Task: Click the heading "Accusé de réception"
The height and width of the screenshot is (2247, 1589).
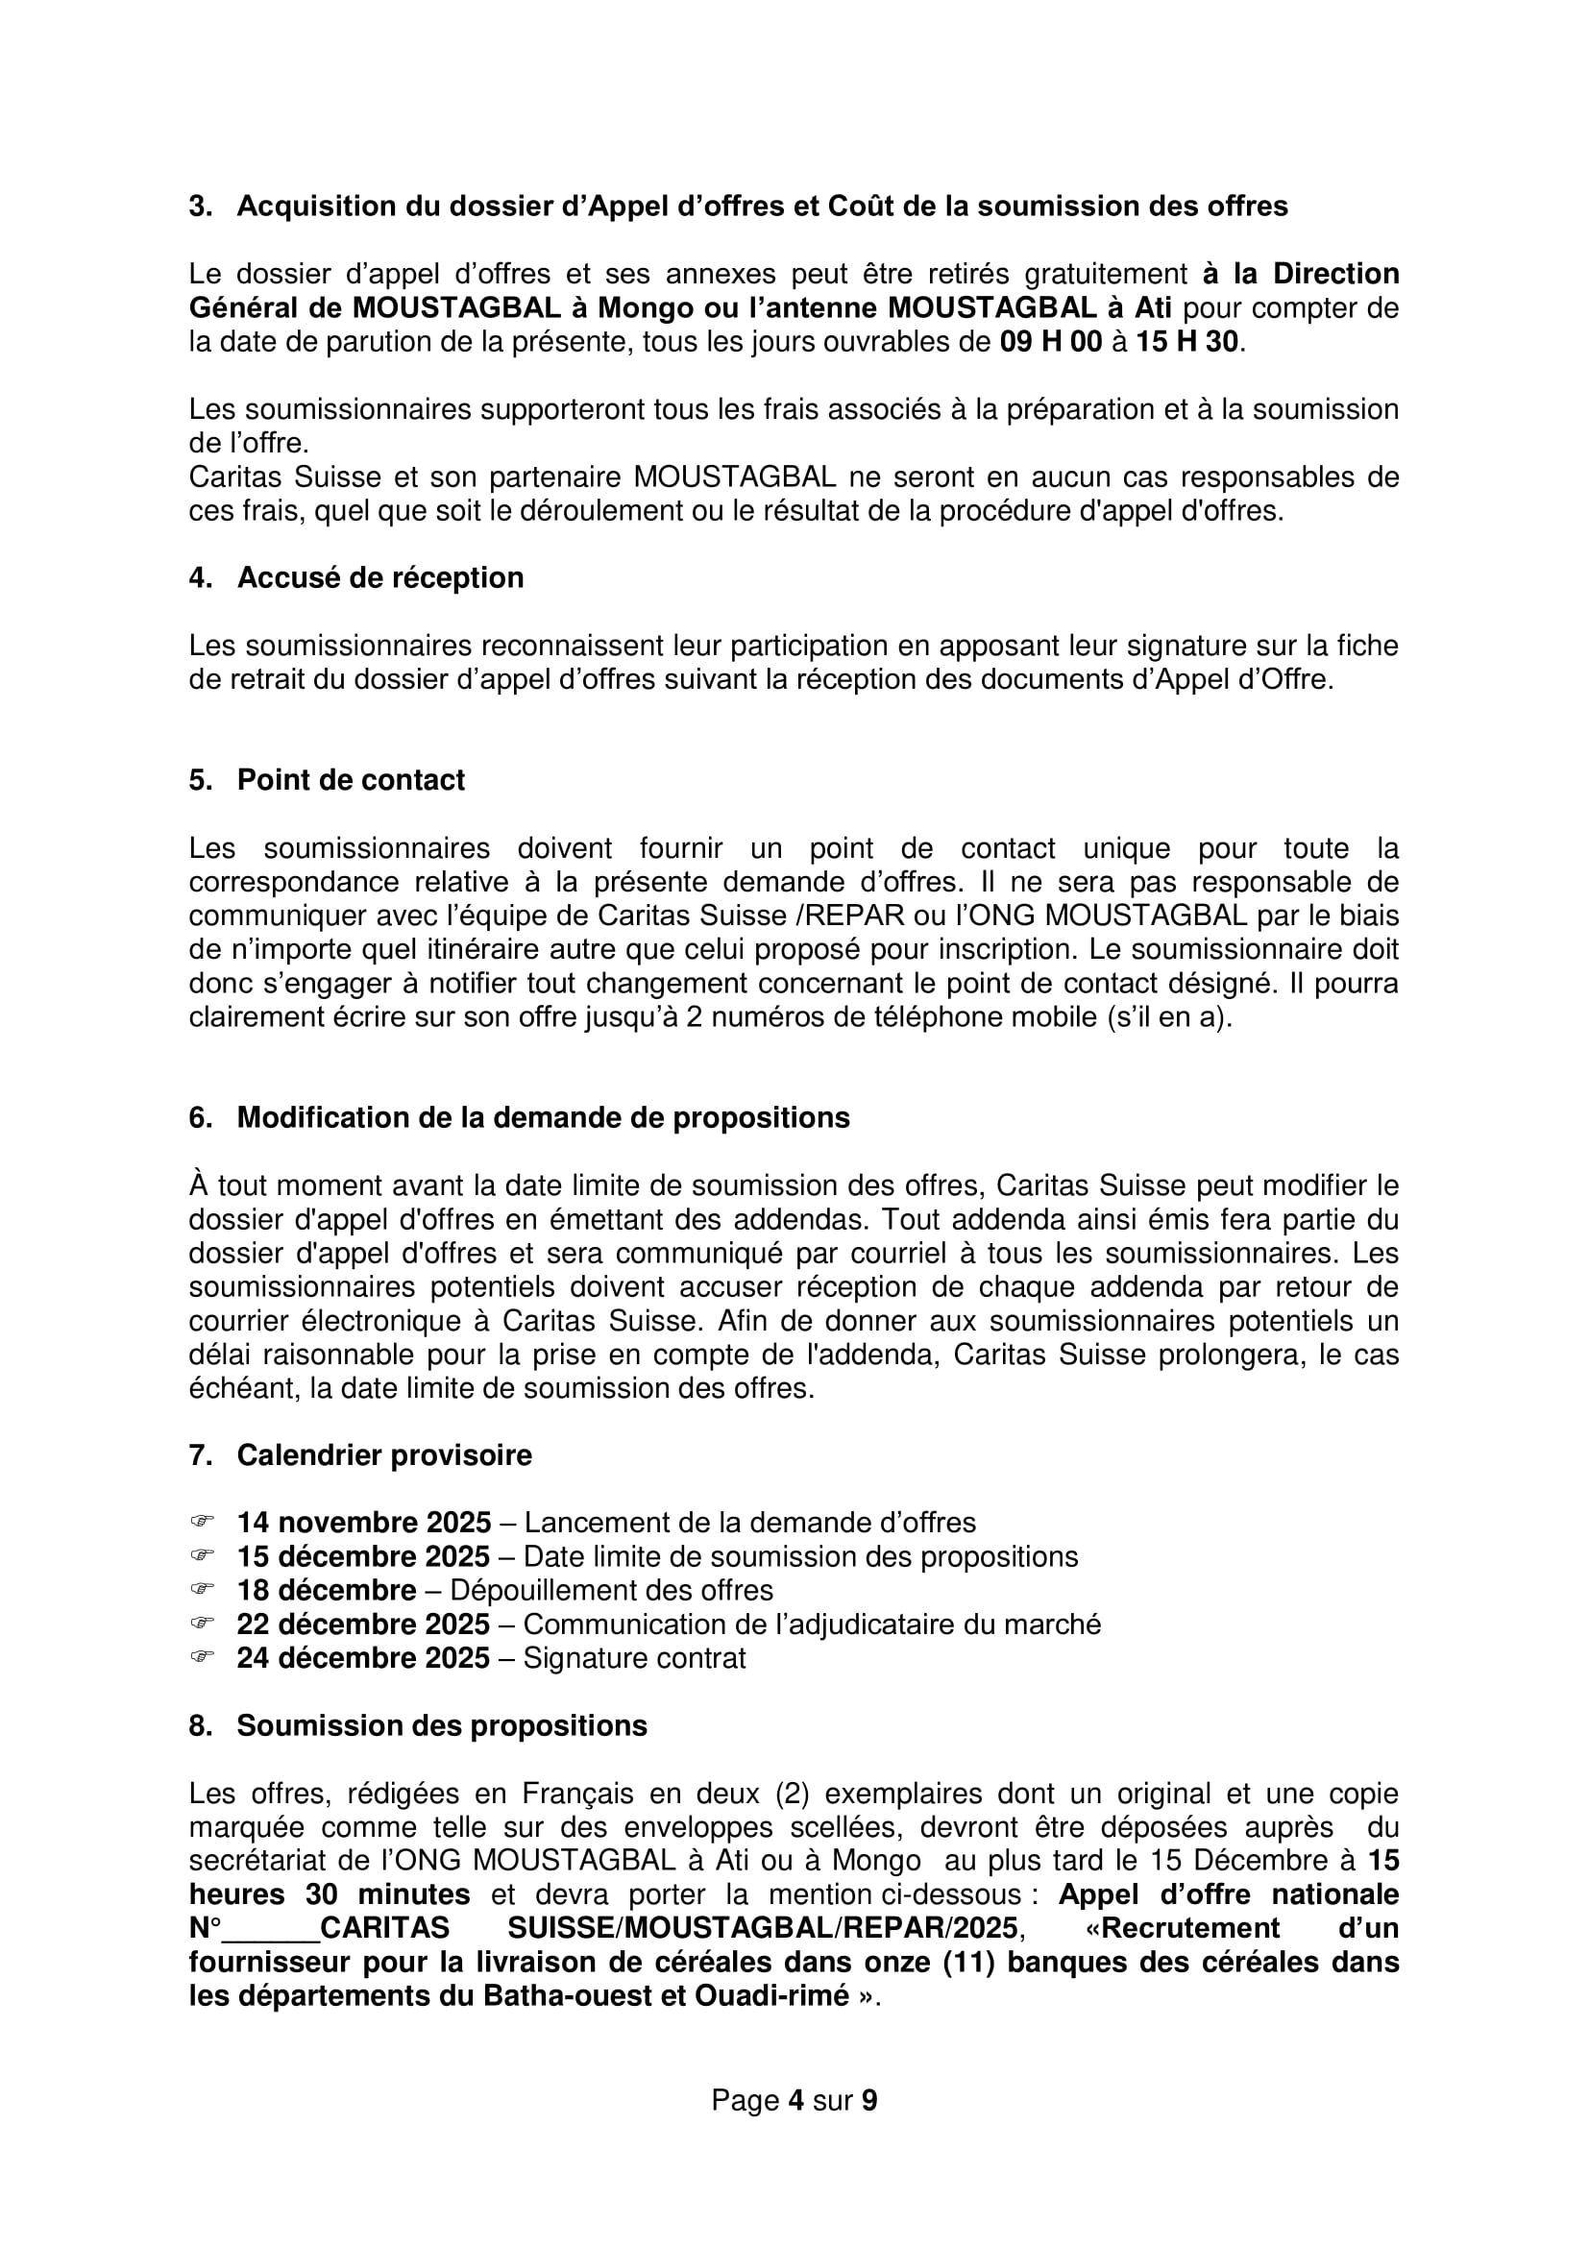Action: point(379,578)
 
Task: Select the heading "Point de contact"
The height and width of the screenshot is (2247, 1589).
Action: point(351,780)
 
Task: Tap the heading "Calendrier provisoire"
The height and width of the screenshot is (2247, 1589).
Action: point(383,1455)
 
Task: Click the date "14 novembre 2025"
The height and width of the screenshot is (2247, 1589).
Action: point(363,1523)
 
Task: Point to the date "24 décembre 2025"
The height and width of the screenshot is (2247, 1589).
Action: point(363,1658)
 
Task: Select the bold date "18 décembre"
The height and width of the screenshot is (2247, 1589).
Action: point(326,1590)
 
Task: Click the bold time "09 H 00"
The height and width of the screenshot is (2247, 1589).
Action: point(1050,342)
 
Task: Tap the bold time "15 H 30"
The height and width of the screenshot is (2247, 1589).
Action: point(1186,342)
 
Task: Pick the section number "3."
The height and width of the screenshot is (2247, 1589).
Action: point(201,207)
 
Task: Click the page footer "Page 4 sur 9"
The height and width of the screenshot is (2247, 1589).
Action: point(794,2101)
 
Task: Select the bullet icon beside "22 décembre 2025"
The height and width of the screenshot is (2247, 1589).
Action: point(202,1624)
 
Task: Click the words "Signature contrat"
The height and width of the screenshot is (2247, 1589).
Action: point(634,1658)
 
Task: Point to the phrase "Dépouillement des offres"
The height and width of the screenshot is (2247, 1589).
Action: point(612,1590)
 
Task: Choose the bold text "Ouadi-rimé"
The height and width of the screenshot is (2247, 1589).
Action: point(772,1996)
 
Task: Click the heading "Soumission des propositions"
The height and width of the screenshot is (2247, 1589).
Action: point(441,1725)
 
